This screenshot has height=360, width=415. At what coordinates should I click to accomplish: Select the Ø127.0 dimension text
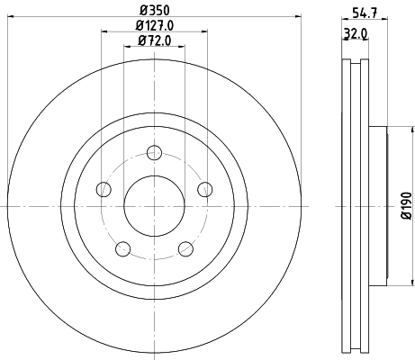coord(154,25)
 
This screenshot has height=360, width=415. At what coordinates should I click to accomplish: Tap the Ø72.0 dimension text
coord(154,41)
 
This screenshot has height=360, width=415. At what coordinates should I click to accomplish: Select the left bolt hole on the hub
coord(104,188)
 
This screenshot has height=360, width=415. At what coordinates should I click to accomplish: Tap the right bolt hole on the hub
coord(204,188)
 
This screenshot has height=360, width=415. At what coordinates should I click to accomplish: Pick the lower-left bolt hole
coord(123,248)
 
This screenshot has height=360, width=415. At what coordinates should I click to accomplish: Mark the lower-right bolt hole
coord(185,248)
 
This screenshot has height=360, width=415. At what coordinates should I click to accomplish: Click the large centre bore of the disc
coord(154,205)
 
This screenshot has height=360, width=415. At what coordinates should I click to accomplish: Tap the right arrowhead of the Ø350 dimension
coord(297,17)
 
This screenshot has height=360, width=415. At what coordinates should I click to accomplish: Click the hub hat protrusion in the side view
coord(379,205)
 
